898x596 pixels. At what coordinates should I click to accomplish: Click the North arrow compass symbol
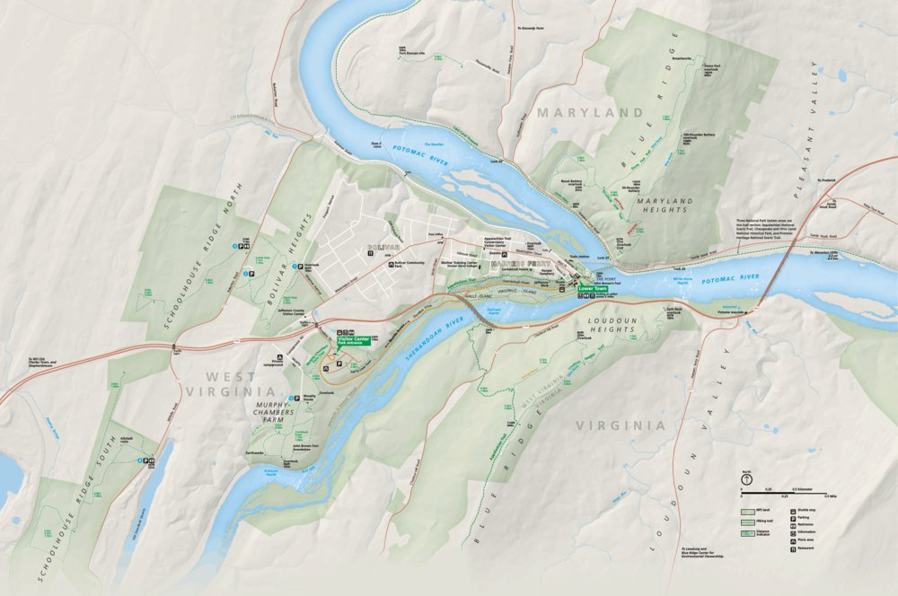pos(745,478)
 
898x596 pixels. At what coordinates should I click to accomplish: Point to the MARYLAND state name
pos(590,113)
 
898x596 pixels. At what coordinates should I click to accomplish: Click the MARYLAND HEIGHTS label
pos(662,205)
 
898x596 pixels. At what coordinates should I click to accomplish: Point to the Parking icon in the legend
pos(793,517)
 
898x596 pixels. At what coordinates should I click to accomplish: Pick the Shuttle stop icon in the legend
pos(793,509)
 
